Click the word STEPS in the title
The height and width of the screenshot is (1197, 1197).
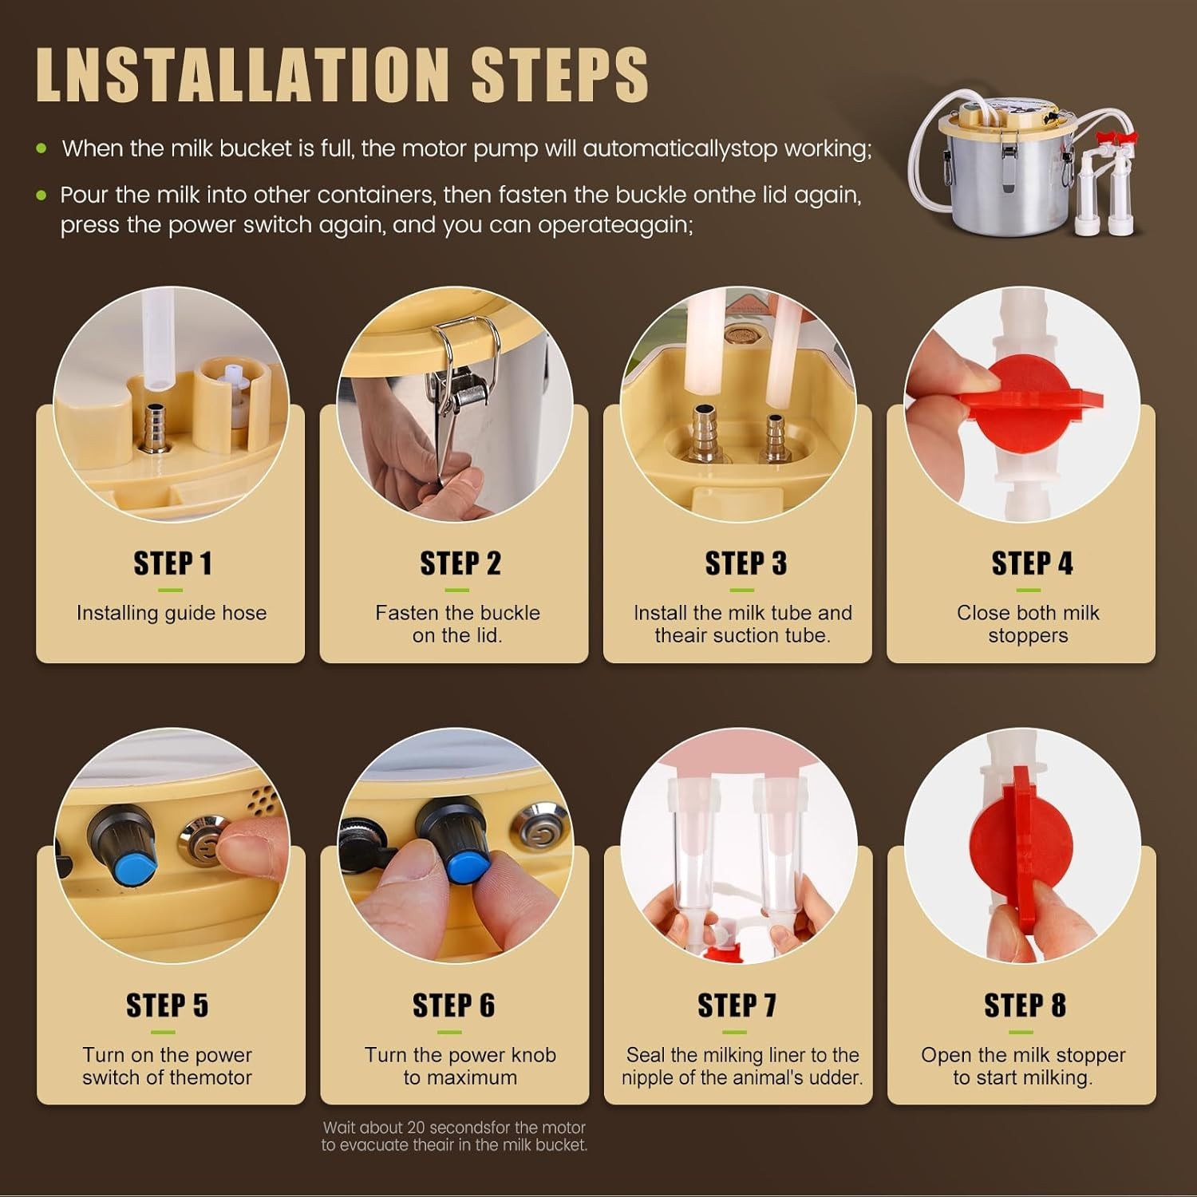[x=559, y=74]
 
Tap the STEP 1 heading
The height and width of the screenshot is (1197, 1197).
[x=172, y=563]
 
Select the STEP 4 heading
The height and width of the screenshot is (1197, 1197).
[x=1032, y=563]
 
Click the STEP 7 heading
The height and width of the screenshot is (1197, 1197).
[x=737, y=1005]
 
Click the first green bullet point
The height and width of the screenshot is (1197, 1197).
[x=41, y=148]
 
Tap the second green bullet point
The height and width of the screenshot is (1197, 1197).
[x=41, y=196]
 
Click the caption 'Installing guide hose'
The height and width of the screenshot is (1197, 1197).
[x=172, y=613]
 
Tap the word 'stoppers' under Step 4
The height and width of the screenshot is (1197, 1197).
[x=1028, y=636]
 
